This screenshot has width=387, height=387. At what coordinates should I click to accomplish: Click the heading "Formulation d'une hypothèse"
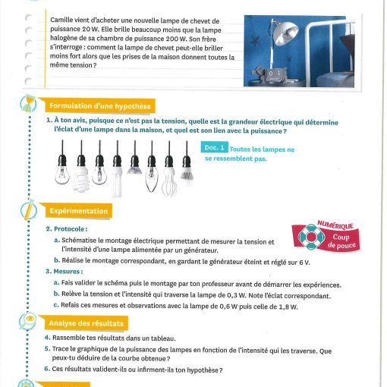pos(100,106)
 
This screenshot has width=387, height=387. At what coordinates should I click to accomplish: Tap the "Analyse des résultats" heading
pos(87,323)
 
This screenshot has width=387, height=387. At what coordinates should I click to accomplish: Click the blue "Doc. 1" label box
pos(214,147)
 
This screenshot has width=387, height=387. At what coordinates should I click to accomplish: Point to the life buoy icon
pos(311,237)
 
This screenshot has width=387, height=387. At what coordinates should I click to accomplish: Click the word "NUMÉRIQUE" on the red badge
pos(335,225)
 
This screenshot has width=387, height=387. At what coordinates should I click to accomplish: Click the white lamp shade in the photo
pos(286,32)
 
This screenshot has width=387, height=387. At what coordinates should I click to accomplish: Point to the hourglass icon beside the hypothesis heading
pos(28,103)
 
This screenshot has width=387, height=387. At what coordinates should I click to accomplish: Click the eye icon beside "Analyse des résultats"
pos(28,320)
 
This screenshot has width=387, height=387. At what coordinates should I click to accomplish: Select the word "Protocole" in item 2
pos(69,229)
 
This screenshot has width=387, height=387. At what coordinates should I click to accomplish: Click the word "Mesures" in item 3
pos(67,272)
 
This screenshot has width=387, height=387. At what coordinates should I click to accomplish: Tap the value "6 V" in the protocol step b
pos(304,263)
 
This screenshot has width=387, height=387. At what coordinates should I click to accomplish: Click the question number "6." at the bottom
pos(47,369)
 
